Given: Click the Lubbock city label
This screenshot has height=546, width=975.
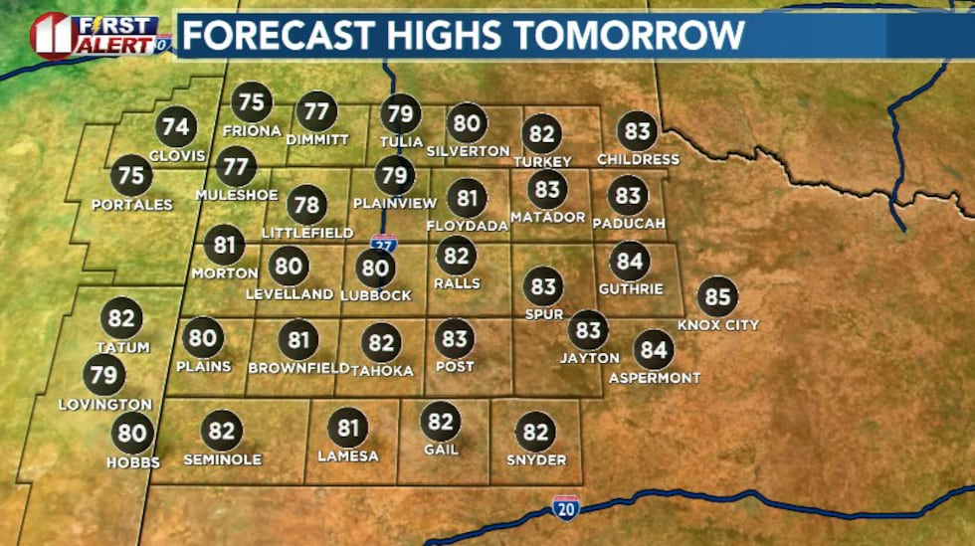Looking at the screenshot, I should (375, 295).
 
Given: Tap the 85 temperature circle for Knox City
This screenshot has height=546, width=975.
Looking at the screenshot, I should (717, 296).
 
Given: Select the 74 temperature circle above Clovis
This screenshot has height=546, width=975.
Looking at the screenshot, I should (176, 127).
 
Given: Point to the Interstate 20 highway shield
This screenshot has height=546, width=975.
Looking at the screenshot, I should (565, 508).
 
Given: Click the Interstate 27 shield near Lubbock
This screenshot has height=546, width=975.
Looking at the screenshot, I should (383, 243).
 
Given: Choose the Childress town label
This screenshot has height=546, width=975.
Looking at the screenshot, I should (638, 159).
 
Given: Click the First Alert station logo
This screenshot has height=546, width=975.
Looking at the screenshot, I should (97, 35).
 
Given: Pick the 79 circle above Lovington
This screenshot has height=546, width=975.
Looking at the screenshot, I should (104, 376).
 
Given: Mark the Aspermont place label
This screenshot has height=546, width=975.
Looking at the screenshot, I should (655, 378).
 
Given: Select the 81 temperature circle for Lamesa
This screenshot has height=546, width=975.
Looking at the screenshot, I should (347, 428).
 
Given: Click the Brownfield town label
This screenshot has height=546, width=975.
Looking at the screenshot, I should (298, 368).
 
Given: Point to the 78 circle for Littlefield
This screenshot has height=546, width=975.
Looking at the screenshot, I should (306, 206).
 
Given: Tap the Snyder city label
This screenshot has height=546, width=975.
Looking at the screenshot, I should (535, 459).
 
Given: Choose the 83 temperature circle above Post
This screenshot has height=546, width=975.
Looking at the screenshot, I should (455, 339).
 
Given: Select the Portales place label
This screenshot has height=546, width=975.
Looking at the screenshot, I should (131, 205).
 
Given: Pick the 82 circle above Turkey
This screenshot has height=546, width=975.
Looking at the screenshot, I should (542, 133).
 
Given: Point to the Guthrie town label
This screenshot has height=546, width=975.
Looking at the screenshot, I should (631, 289).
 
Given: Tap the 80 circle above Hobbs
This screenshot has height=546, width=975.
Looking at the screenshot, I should (132, 434).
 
